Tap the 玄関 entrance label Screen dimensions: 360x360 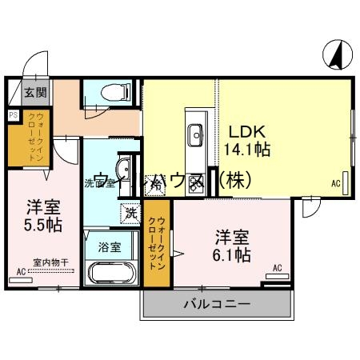pyautogui.click(x=34, y=93)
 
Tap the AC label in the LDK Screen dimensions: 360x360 pyautogui.click(x=336, y=183)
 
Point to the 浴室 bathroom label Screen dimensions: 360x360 pyautogui.click(x=110, y=247)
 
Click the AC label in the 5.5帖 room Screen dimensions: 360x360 pyautogui.click(x=21, y=272)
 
